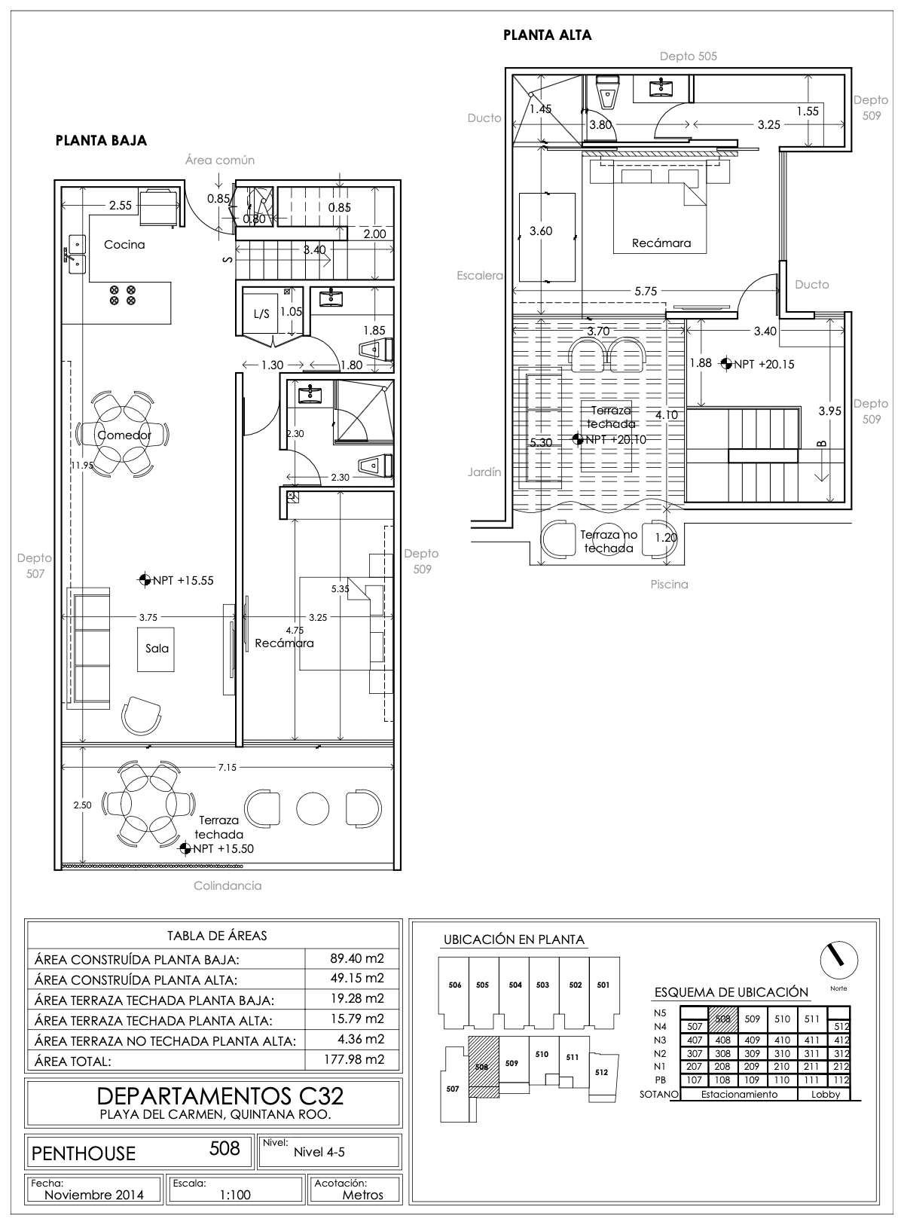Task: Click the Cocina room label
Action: (124, 245)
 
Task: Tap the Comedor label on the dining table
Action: (124, 435)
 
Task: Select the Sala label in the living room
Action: (157, 649)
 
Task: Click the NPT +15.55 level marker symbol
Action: (145, 580)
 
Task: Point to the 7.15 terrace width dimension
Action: (227, 767)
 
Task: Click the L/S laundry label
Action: (261, 314)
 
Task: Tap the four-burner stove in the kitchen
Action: (123, 295)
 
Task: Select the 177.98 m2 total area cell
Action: (353, 1059)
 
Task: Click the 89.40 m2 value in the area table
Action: (357, 958)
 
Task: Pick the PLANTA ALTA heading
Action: (547, 35)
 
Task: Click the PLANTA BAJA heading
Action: (101, 140)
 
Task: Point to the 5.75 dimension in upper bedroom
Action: (646, 291)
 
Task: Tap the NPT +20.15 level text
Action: (765, 365)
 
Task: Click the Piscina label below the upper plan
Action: (669, 585)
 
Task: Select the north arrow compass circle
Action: (839, 961)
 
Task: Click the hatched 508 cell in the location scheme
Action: (723, 1019)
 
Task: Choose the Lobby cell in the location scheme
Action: (826, 1094)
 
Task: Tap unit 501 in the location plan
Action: (603, 985)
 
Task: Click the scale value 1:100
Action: (235, 1195)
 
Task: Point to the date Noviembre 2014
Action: (94, 1195)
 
